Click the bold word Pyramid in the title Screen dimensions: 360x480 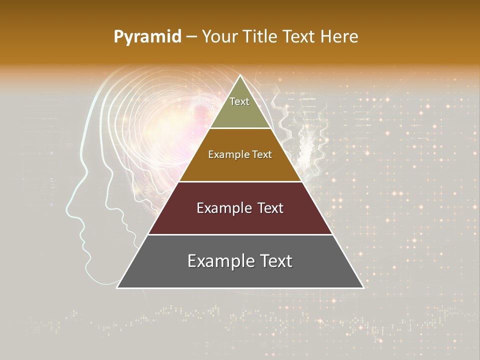[x=147, y=36]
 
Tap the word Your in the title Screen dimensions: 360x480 [x=220, y=36]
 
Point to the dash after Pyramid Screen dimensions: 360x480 [x=191, y=37]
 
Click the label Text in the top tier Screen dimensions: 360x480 [x=239, y=101]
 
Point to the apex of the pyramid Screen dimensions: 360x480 [x=240, y=75]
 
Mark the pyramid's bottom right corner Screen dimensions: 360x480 [x=363, y=287]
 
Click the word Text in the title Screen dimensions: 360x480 [x=300, y=36]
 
